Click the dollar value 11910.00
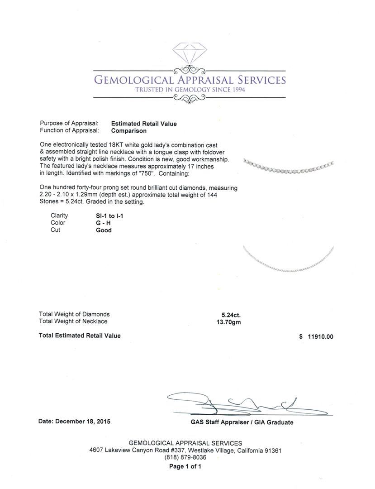coord(320,336)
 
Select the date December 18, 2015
coord(74,421)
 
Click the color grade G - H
coord(103,223)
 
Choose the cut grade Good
coord(104,230)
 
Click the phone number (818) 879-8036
coord(185,457)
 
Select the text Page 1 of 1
coord(185,466)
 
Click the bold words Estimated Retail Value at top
coord(144,124)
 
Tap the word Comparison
coord(129,131)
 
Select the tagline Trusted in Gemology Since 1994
coord(190,90)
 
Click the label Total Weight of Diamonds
coord(74,314)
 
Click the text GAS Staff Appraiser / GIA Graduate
coord(242,422)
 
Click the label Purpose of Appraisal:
coord(69,124)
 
